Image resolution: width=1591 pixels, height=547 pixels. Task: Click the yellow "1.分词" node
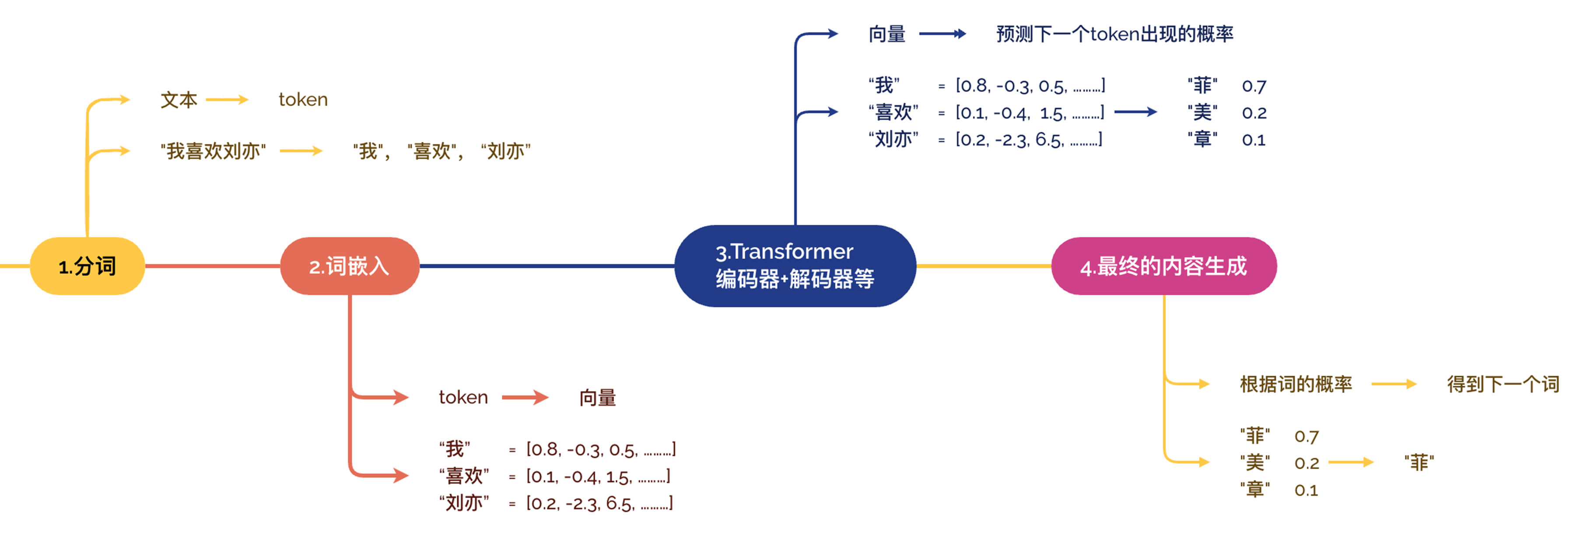[x=87, y=266]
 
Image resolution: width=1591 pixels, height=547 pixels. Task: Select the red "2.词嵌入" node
[x=350, y=266]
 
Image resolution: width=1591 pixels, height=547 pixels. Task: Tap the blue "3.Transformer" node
[x=795, y=266]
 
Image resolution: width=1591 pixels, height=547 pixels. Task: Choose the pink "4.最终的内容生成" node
[x=1163, y=266]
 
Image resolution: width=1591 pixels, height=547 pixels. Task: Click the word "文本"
[x=179, y=99]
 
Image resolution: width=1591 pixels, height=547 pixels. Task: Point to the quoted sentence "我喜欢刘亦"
[x=213, y=151]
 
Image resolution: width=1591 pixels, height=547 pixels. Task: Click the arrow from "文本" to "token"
[x=227, y=99]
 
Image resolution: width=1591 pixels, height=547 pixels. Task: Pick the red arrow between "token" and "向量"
[x=525, y=397]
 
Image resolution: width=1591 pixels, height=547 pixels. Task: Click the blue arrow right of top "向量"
[x=943, y=34]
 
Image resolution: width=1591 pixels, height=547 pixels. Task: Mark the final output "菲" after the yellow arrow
[x=1419, y=462]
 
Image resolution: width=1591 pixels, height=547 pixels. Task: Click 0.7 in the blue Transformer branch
[x=1254, y=86]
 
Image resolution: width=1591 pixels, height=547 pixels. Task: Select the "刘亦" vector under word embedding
[x=599, y=503]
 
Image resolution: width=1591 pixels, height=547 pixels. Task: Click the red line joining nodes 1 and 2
[x=213, y=266]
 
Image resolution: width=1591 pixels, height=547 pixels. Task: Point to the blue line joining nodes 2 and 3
[x=547, y=266]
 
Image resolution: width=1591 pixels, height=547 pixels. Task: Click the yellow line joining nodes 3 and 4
[x=983, y=266]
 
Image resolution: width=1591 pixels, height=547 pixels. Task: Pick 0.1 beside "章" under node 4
[x=1306, y=490]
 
